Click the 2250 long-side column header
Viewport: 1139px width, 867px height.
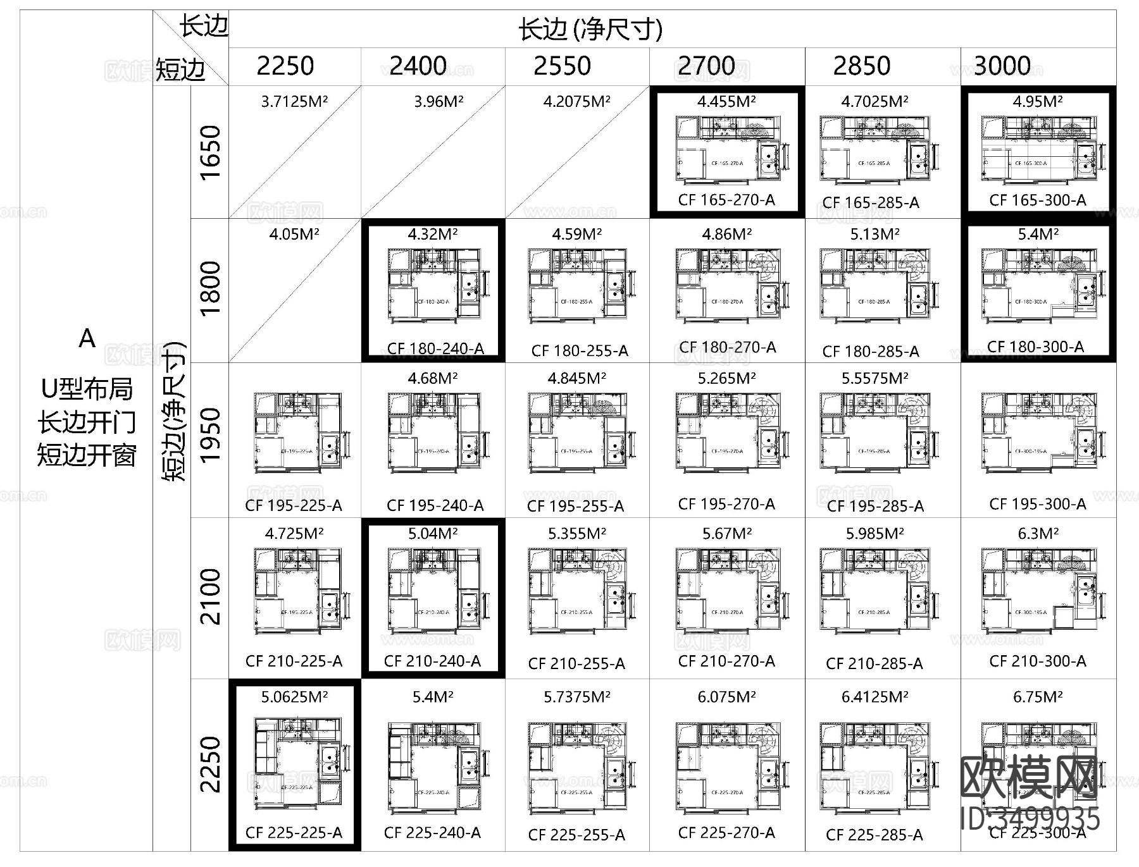click(285, 66)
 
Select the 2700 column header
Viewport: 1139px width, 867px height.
click(706, 66)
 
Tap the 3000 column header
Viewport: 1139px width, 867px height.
click(1002, 66)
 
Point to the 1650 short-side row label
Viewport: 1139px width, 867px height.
click(210, 152)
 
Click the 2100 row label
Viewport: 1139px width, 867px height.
click(210, 597)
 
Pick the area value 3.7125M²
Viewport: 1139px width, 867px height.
click(294, 101)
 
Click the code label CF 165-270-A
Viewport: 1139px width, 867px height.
click(726, 200)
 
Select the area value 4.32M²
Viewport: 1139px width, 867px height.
click(433, 234)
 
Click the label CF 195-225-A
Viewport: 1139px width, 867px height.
click(294, 505)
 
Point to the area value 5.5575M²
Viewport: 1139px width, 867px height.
click(875, 378)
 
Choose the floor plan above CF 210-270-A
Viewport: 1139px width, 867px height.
click(728, 589)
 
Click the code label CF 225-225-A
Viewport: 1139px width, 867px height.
click(294, 832)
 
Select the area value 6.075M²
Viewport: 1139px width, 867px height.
click(726, 697)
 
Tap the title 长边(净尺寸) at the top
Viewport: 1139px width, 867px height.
click(590, 29)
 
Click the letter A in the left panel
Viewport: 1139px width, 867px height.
click(87, 339)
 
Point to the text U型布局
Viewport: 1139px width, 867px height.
click(87, 388)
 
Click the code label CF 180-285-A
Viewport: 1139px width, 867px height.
click(871, 351)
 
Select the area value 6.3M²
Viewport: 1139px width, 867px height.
click(1038, 534)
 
